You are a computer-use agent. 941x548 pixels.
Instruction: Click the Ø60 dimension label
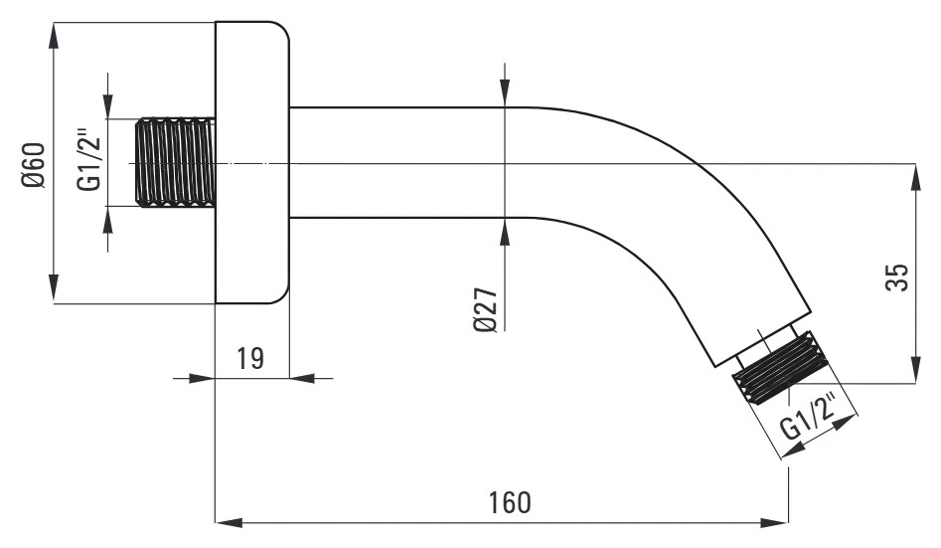click(34, 165)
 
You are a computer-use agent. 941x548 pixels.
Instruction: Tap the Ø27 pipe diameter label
click(486, 310)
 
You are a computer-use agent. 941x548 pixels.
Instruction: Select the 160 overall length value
click(510, 503)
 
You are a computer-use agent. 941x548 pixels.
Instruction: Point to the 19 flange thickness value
click(250, 359)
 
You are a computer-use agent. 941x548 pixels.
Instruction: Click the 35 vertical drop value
click(897, 277)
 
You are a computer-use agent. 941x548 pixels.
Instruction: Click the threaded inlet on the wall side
click(175, 163)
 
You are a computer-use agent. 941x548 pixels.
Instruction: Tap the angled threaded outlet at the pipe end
click(780, 368)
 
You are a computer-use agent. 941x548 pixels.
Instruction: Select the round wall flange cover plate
click(252, 163)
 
